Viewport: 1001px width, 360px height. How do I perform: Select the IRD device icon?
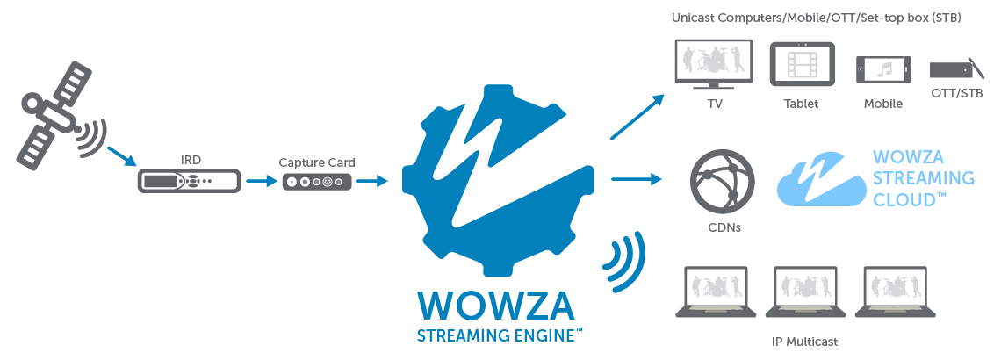point(189,183)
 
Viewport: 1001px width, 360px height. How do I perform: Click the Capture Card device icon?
point(317,183)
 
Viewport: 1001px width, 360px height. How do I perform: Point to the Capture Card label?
point(317,162)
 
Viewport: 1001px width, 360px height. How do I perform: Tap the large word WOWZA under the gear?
point(496,304)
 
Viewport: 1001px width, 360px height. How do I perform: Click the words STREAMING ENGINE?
point(496,335)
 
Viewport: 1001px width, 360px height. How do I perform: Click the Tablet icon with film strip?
point(801,65)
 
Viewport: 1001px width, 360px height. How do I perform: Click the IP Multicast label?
point(803,341)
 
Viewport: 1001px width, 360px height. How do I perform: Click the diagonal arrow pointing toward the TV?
point(637,117)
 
